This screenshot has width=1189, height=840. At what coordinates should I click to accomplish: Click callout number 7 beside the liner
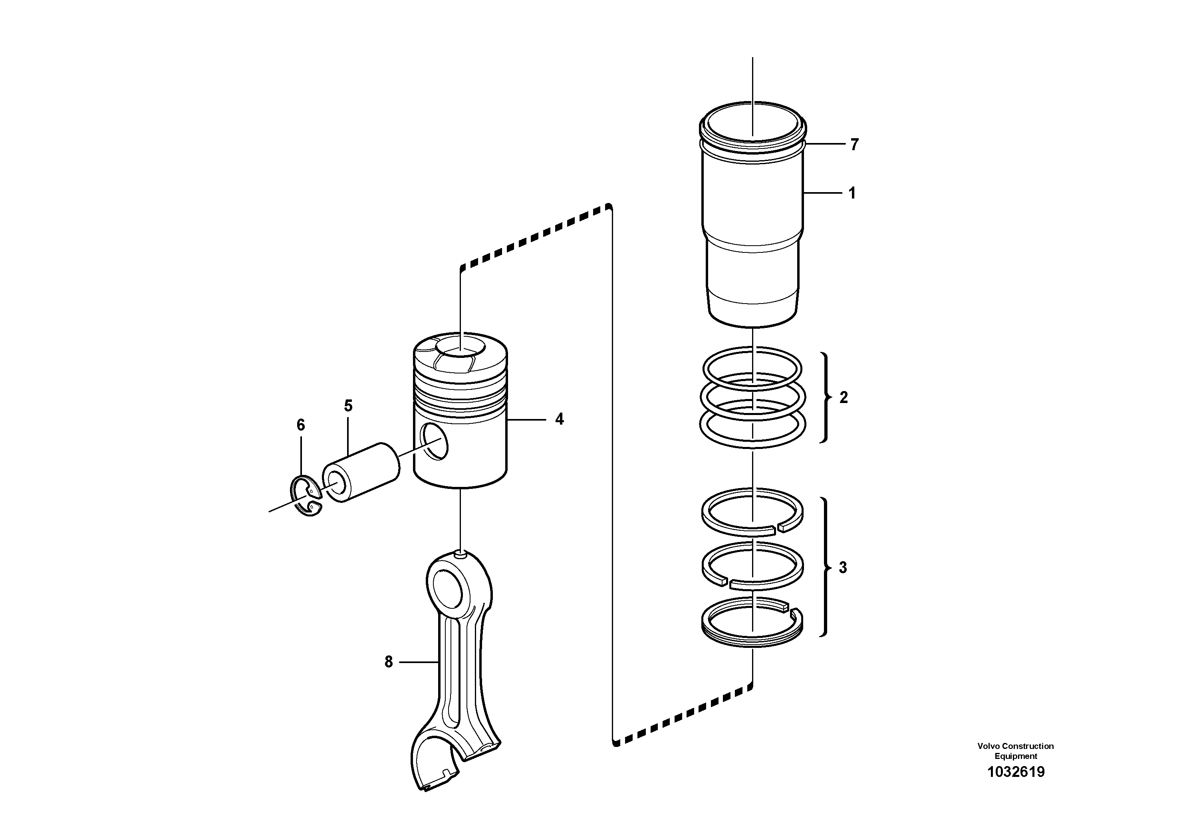click(854, 145)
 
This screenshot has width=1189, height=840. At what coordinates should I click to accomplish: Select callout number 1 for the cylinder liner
click(852, 193)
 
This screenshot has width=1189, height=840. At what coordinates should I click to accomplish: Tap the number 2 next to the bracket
click(844, 398)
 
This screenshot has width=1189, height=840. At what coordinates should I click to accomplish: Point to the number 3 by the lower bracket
click(843, 568)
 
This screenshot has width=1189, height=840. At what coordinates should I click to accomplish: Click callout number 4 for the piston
click(559, 419)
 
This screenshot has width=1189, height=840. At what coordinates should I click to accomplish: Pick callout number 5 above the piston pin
click(348, 406)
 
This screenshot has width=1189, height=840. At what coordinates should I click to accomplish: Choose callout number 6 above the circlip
click(300, 425)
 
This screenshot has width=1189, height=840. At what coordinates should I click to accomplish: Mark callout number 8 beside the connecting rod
click(388, 662)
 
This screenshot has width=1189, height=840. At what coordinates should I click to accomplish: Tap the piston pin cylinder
click(363, 471)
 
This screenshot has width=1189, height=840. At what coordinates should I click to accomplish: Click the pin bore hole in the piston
click(434, 441)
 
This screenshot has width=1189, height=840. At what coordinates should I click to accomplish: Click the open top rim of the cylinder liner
click(752, 106)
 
